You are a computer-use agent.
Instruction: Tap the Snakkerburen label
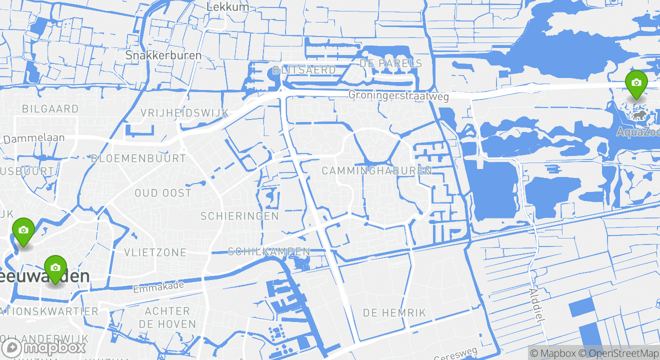[x=163, y=55]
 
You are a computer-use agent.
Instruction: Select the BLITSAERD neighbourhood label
[x=304, y=70]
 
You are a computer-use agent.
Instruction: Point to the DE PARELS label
[x=390, y=63]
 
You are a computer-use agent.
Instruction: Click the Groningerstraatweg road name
[x=398, y=95]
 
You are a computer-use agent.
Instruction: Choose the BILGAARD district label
[x=50, y=108]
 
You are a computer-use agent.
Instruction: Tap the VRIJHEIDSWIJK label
[x=184, y=112]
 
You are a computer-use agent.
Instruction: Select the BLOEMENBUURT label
[x=138, y=158]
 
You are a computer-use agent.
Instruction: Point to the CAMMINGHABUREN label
[x=376, y=170]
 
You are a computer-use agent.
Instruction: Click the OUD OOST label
[x=163, y=192]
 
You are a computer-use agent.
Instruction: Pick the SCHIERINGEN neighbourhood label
[x=239, y=216]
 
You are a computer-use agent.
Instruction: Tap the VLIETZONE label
[x=155, y=252]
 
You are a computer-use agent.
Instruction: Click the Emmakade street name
[x=158, y=287]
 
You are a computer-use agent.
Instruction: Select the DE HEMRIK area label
[x=394, y=313]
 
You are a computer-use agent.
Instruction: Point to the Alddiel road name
[x=535, y=305]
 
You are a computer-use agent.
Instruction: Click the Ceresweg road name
[x=455, y=354]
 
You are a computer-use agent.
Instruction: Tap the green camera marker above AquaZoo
[x=636, y=83]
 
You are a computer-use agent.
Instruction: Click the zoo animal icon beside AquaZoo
[x=638, y=116]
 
